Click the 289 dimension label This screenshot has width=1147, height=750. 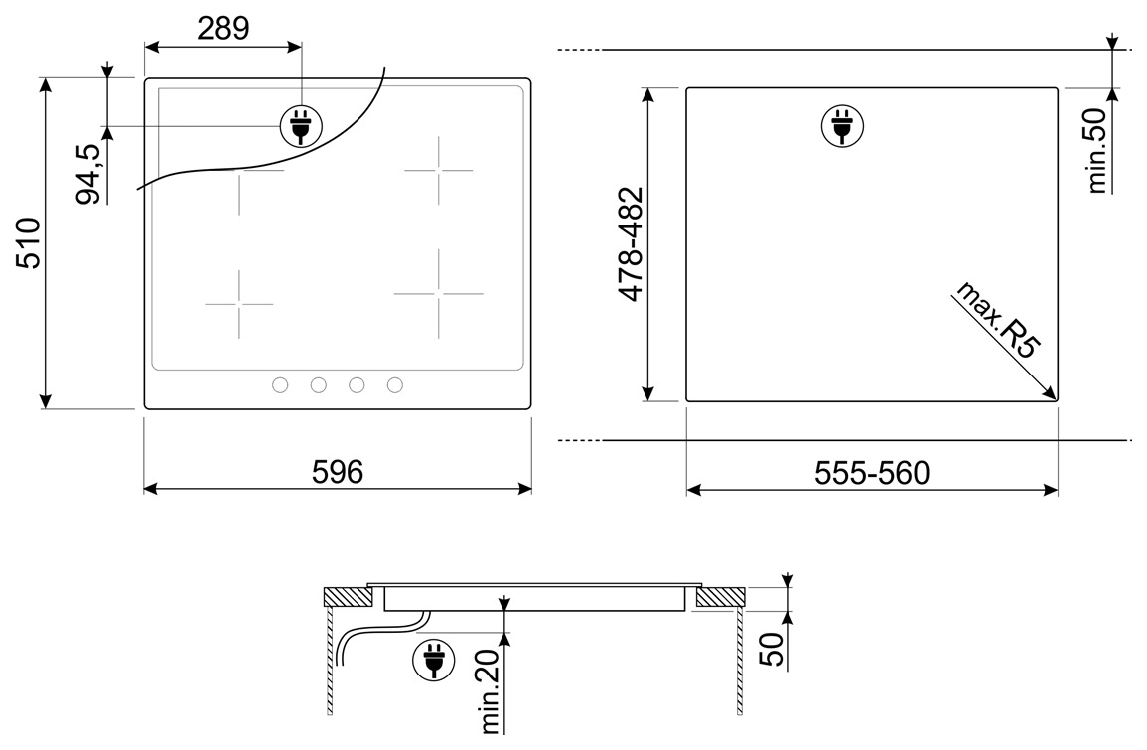click(223, 28)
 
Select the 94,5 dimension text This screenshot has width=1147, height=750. click(88, 174)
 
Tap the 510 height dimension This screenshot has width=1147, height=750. click(29, 243)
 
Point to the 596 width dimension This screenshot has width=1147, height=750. click(338, 472)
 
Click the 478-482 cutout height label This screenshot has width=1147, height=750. click(631, 243)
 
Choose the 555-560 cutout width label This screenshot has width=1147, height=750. click(872, 473)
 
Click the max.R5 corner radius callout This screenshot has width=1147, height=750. click(997, 319)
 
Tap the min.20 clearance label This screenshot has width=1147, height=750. click(490, 691)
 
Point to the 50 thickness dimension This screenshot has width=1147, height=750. click(771, 649)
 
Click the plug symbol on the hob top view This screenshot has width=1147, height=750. click(301, 126)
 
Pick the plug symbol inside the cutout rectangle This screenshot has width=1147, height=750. click(843, 126)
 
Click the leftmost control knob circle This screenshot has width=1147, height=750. click(280, 384)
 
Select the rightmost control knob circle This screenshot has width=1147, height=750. click(395, 384)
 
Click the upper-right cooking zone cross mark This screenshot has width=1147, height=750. click(439, 171)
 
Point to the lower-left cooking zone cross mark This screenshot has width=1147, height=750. click(239, 304)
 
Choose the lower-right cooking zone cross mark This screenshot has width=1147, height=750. click(439, 293)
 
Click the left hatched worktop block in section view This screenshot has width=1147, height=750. click(349, 597)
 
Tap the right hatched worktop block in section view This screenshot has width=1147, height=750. click(721, 597)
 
